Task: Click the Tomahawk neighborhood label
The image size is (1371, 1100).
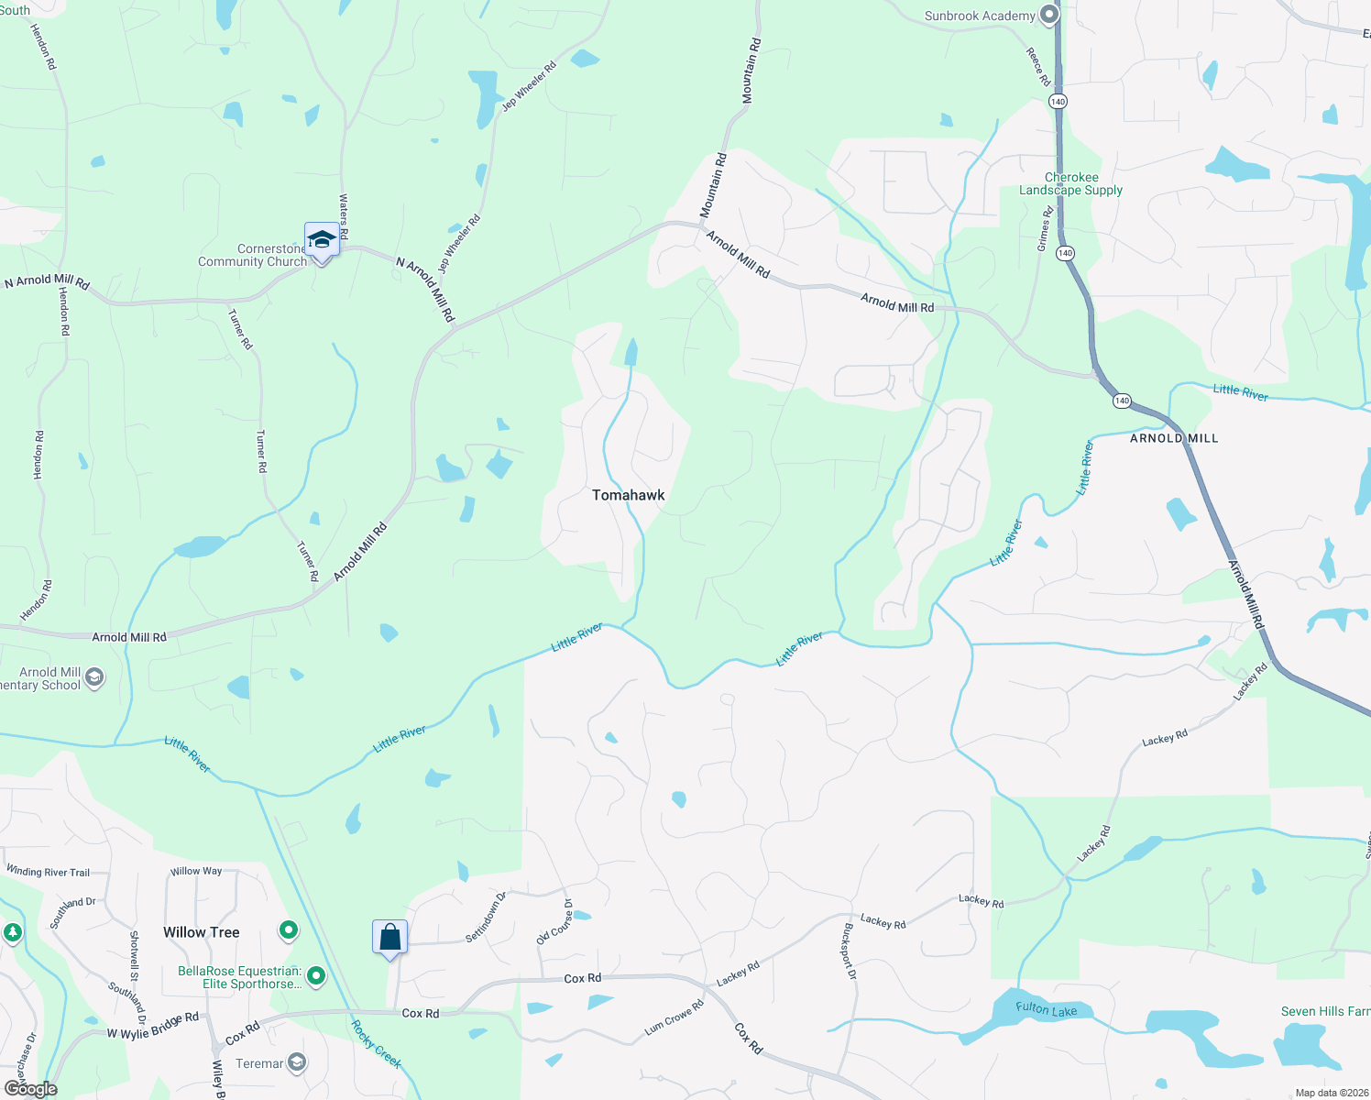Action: pos(628,495)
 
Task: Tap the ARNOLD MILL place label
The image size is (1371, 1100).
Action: pos(1174,438)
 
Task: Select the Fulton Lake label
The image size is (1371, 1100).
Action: pos(1046,1009)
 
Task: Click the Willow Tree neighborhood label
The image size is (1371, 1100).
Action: pos(202,932)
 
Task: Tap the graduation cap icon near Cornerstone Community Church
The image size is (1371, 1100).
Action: pos(322,240)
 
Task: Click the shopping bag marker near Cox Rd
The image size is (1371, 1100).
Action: pos(389,937)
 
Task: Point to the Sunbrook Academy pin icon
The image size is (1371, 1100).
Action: pos(1050,16)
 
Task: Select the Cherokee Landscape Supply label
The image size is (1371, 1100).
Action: pos(1070,183)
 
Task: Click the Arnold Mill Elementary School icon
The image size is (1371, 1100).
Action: pos(94,678)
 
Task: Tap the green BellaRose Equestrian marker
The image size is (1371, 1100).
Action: pos(316,976)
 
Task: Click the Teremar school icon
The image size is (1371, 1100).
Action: pos(296,1063)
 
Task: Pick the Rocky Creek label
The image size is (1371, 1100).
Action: pos(377,1044)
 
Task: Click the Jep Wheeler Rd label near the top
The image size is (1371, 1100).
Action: pos(529,86)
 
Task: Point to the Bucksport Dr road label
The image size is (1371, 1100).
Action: pos(850,951)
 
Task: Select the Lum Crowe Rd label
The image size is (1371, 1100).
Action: pos(674,1017)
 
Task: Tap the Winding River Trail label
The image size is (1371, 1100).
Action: pos(48,871)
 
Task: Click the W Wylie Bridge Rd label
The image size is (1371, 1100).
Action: pos(153,1026)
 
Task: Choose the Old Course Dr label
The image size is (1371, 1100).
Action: pos(554,923)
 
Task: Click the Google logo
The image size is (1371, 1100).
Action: pos(30,1089)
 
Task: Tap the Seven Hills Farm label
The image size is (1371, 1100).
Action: pos(1325,1011)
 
